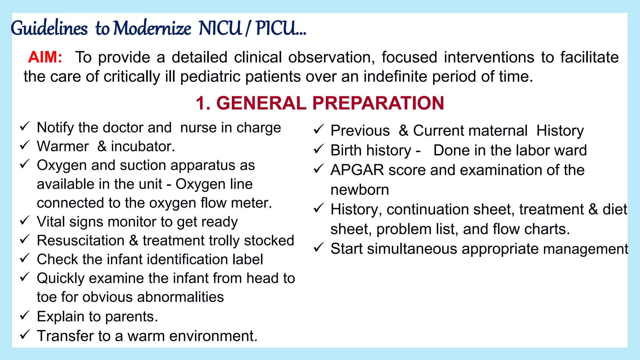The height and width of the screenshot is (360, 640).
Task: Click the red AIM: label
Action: (45, 57)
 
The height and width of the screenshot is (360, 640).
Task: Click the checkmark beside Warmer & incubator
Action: (25, 145)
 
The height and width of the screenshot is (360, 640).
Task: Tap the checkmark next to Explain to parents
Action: (25, 315)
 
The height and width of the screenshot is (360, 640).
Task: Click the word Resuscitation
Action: (81, 241)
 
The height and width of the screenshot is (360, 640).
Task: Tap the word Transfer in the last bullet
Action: (65, 336)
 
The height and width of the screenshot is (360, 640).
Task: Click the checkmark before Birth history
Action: (318, 149)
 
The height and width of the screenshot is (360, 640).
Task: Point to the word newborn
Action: (360, 190)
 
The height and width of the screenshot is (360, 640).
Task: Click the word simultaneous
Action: (412, 249)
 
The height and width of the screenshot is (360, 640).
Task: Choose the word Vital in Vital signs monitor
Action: (51, 222)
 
